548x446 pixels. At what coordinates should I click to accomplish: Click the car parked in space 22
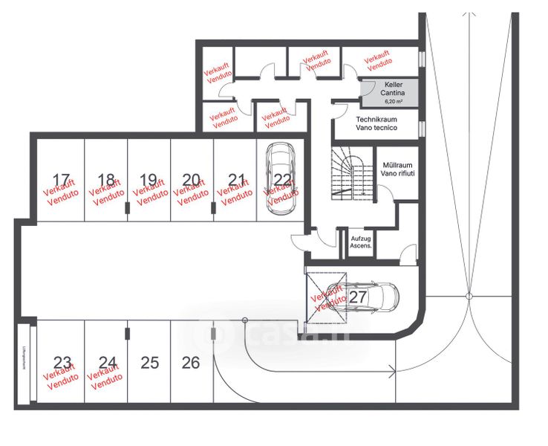[281, 178]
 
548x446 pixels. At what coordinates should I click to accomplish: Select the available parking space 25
[150, 363]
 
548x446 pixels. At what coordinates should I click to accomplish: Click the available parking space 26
[191, 363]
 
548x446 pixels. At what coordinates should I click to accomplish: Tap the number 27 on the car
[359, 296]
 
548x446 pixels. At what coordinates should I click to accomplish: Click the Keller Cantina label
[394, 89]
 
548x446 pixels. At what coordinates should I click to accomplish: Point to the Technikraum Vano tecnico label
[376, 123]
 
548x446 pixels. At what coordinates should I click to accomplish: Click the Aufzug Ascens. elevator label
[361, 241]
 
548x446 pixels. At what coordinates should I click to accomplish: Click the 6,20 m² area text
[394, 100]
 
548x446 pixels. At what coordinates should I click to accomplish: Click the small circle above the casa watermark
[244, 320]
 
